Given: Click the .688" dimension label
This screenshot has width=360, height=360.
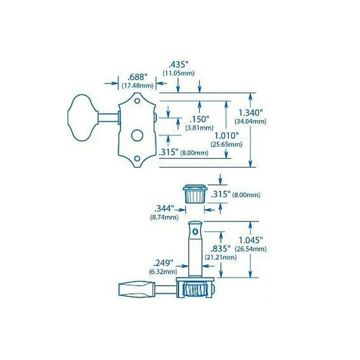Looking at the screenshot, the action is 137,77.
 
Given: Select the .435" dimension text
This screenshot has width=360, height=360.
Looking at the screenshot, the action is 179,65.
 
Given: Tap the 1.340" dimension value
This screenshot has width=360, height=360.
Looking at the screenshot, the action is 250,112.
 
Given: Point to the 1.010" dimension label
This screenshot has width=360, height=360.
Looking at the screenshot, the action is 226,135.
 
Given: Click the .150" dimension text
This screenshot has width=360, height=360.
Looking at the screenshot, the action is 199,119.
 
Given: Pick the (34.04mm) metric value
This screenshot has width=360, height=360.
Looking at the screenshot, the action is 250,121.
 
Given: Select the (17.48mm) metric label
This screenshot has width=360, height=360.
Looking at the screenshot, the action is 137,86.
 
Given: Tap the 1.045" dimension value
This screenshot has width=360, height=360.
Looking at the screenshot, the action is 251,240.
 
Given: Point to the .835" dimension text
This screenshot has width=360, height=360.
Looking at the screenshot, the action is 220,248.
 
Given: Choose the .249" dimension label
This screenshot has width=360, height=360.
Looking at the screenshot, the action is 163,263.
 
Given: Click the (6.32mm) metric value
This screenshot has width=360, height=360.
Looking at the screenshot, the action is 163,272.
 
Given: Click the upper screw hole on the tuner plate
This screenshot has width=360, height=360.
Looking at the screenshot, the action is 137,101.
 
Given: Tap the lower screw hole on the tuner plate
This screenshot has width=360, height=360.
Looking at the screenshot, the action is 137,158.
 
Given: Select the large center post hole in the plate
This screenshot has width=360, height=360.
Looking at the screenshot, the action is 137,135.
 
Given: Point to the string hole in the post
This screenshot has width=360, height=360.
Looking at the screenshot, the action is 195,232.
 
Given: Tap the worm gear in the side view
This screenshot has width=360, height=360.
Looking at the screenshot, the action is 195,290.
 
